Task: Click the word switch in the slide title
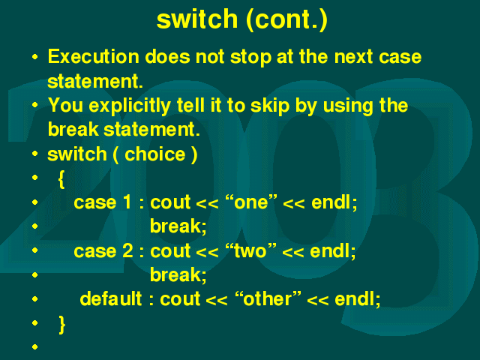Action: coord(197,19)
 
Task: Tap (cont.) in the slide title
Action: coord(286,20)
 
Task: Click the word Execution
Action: coord(93,57)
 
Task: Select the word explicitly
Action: coord(130,106)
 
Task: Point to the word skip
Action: coord(270,106)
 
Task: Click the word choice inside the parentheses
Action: coord(155,154)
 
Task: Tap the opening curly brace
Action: coord(61,179)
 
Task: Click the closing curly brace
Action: coord(61,325)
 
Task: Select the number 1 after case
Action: coord(127,202)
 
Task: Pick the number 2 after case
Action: coord(127,251)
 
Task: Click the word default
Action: coord(111,298)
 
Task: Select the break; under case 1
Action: coord(178,226)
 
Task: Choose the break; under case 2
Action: coord(178,274)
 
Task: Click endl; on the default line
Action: coord(358,298)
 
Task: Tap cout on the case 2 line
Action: coord(170,251)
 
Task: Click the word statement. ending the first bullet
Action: coord(95,82)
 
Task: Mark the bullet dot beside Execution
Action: coord(35,57)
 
